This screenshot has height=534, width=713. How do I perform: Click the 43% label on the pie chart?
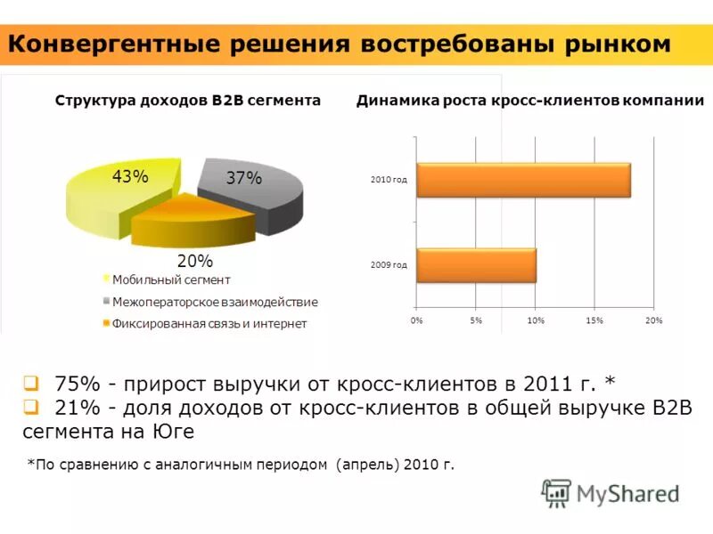tap(130, 176)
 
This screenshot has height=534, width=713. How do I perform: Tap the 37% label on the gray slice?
tap(243, 178)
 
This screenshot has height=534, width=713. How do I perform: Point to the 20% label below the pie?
tap(194, 261)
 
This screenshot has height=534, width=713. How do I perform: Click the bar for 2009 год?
tap(476, 264)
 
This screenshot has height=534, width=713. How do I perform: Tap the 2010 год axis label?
tap(389, 180)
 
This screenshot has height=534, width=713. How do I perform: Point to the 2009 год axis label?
tap(389, 264)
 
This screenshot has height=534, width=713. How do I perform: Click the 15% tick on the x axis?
tap(595, 320)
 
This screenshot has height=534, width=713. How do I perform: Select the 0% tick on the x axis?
tap(416, 320)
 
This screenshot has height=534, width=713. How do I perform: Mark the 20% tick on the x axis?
tap(654, 320)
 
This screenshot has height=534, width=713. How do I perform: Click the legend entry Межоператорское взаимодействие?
tap(215, 302)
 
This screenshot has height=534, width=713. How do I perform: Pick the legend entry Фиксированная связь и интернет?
tap(209, 323)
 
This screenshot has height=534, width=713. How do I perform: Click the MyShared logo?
tap(611, 492)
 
